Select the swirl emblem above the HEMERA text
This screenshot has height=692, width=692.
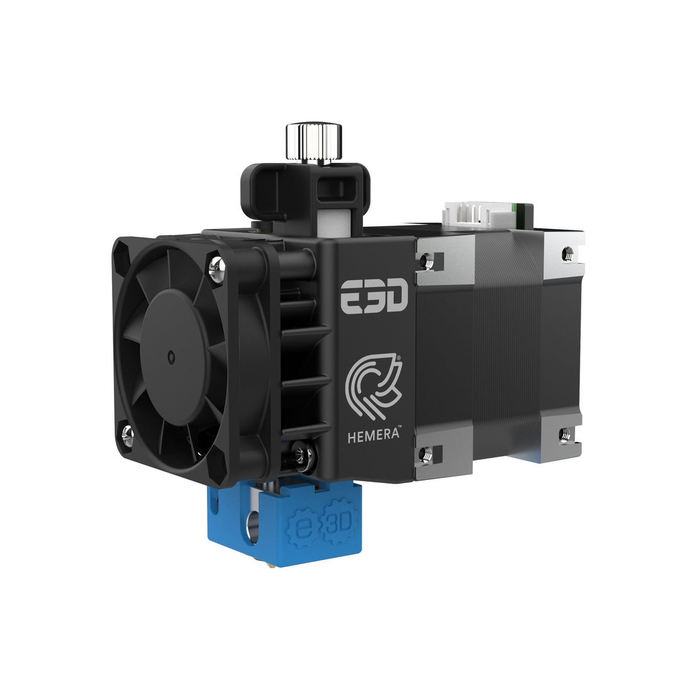[374, 386]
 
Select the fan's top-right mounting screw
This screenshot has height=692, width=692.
[217, 269]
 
